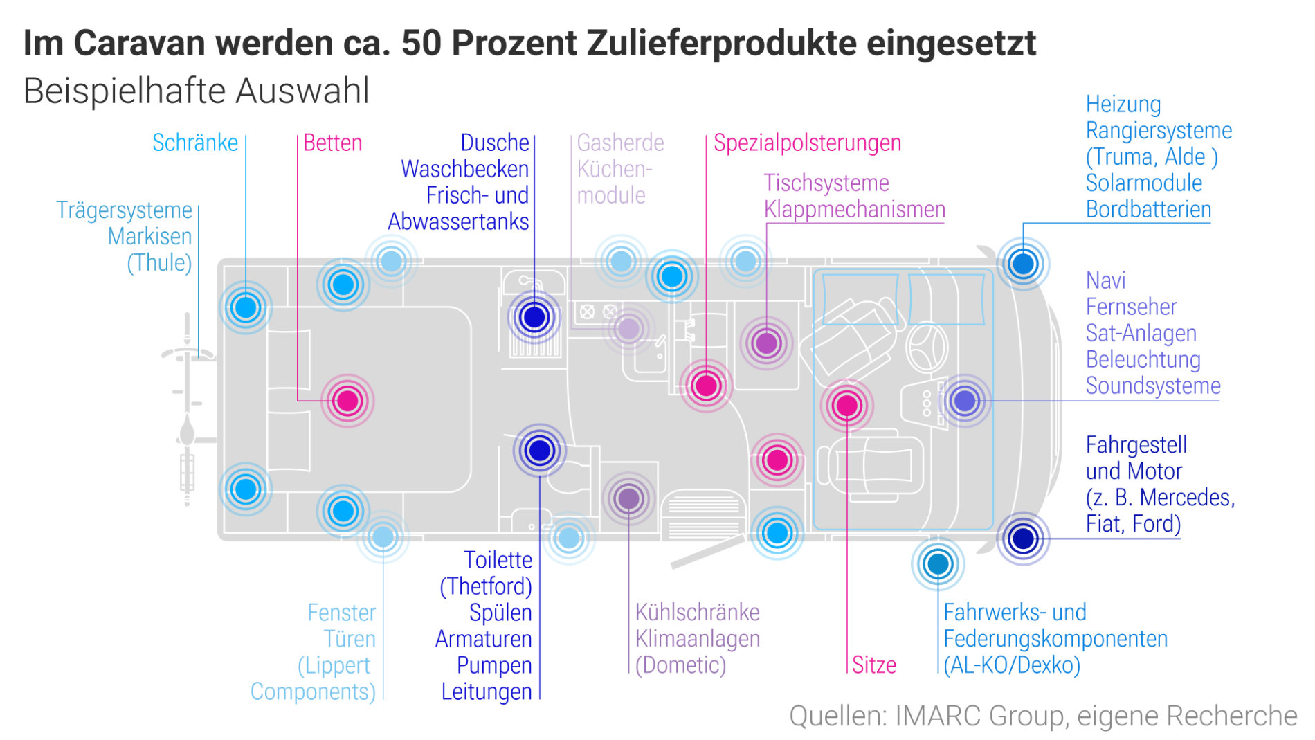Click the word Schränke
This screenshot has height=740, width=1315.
click(x=194, y=143)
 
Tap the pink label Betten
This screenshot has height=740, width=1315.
click(x=332, y=143)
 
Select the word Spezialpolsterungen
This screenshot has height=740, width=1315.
click(x=807, y=143)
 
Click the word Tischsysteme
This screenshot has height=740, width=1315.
click(x=826, y=183)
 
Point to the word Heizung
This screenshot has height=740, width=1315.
click(x=1123, y=104)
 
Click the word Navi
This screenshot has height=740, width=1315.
click(x=1105, y=280)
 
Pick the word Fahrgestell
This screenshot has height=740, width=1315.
click(x=1136, y=444)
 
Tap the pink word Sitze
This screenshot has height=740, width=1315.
click(x=873, y=665)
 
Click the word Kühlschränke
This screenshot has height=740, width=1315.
click(x=697, y=612)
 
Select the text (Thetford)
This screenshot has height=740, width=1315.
click(x=486, y=586)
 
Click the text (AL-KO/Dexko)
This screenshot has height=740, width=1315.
click(x=1011, y=665)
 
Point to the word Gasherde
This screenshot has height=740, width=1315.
click(x=620, y=143)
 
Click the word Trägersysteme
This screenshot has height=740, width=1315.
click(x=124, y=210)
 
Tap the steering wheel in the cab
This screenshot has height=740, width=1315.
click(x=927, y=346)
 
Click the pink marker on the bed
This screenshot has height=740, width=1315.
click(x=347, y=400)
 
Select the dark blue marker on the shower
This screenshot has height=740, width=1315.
click(x=534, y=317)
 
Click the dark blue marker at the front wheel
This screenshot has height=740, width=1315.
click(x=1022, y=538)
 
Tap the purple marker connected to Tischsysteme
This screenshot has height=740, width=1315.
click(x=766, y=343)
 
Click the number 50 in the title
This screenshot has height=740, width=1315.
click(x=421, y=43)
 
